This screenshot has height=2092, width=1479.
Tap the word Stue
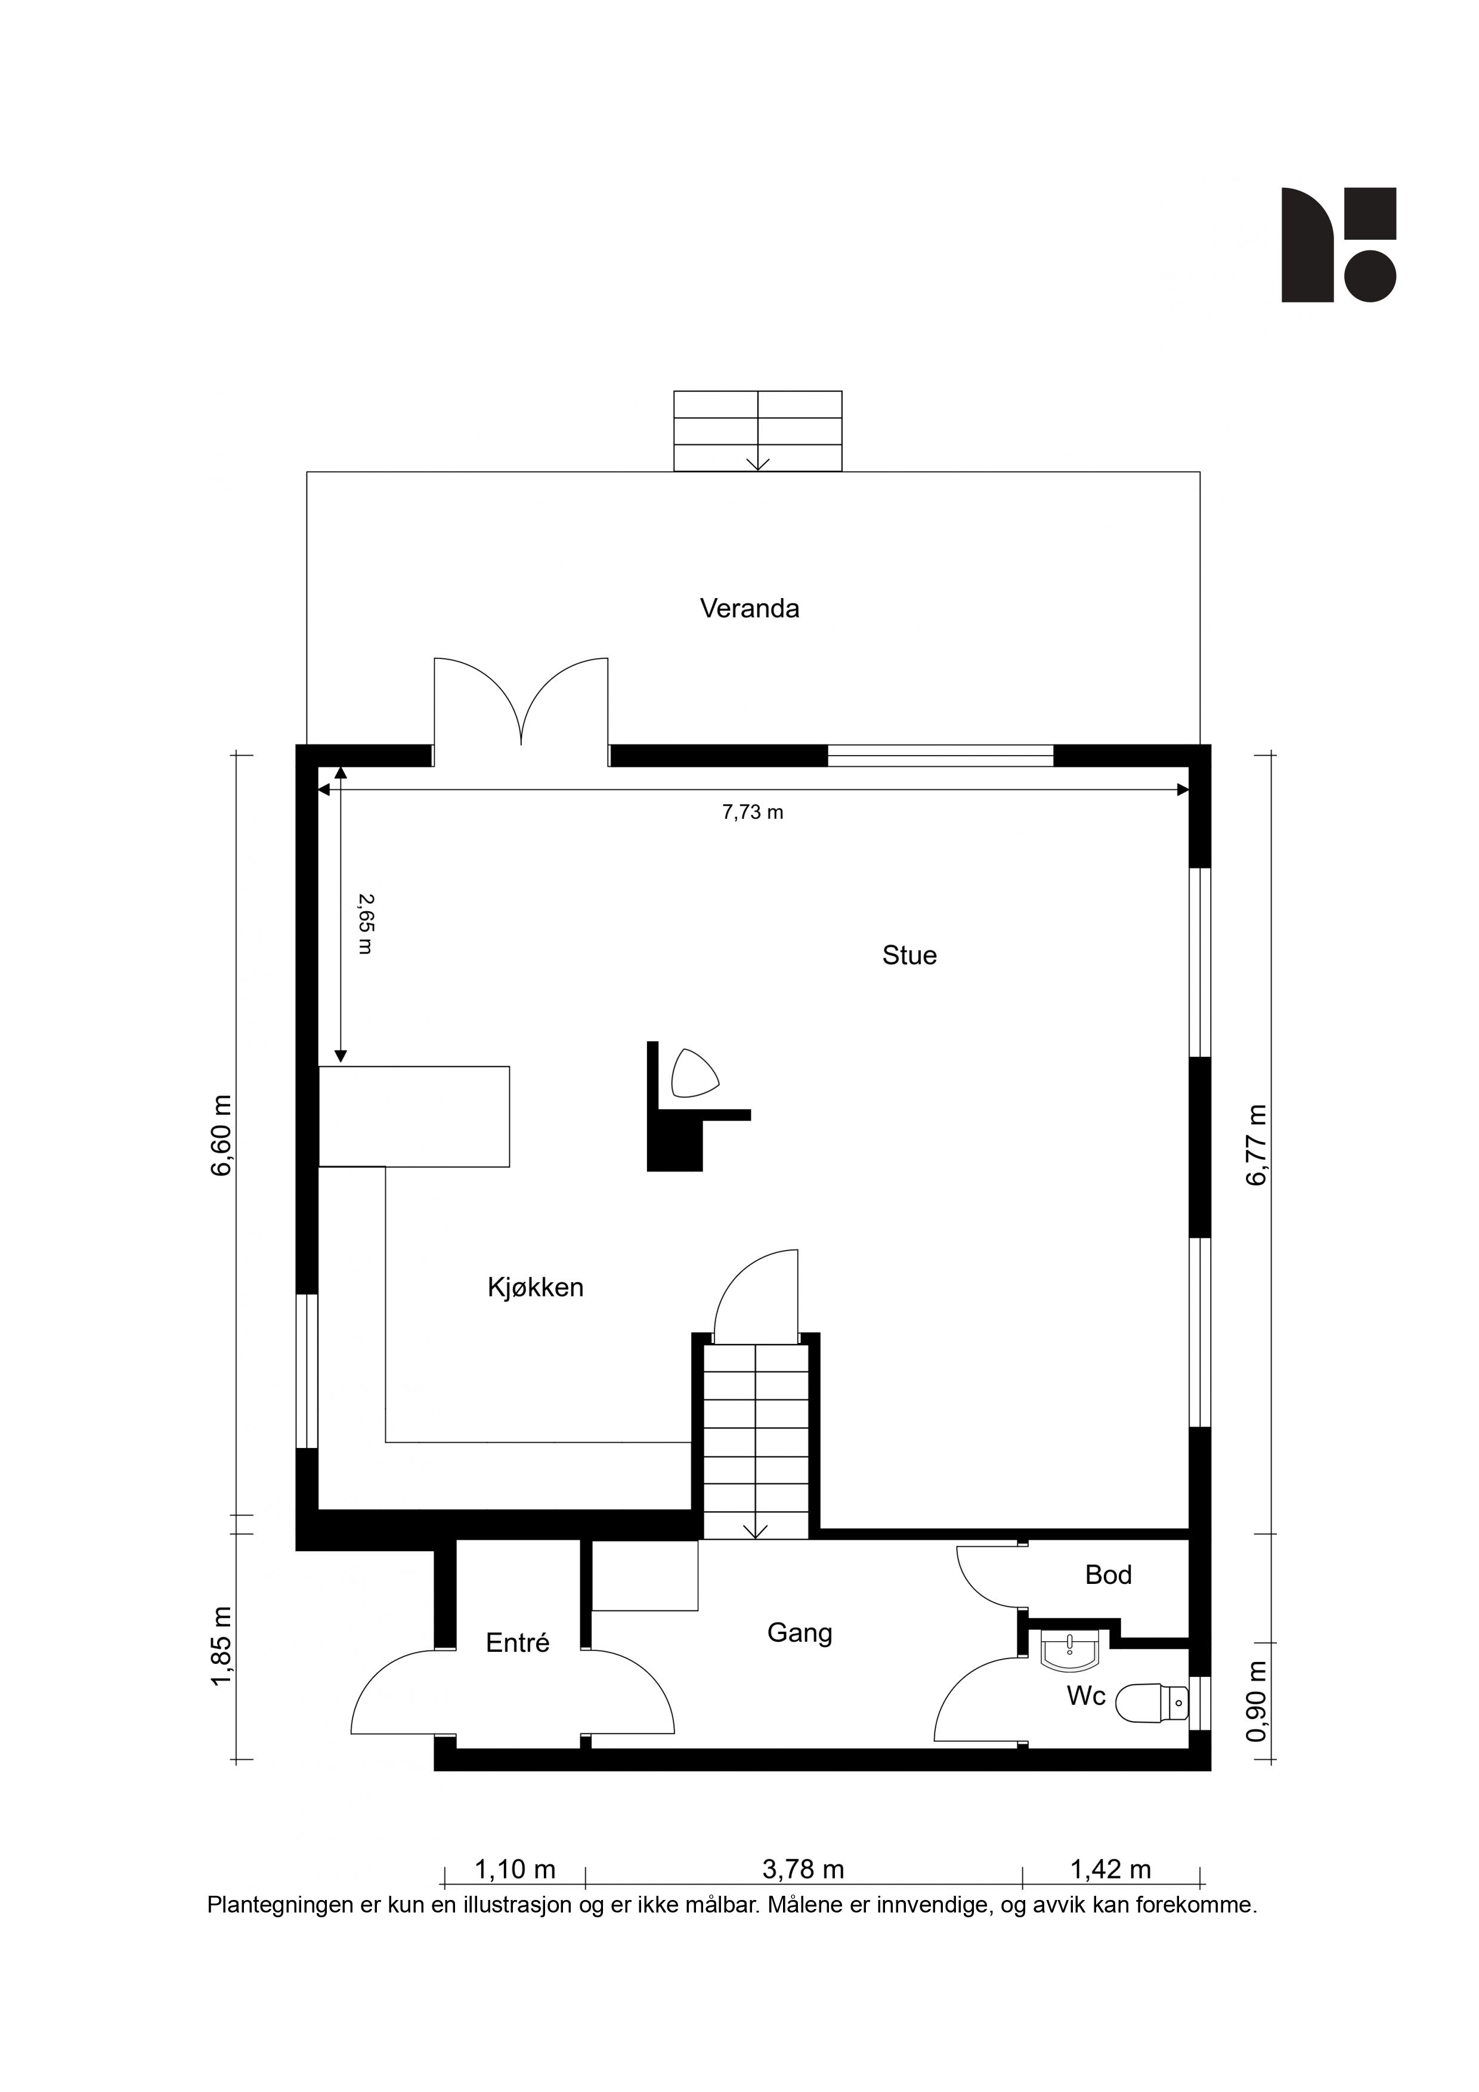(909, 956)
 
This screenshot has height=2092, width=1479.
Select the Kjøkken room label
(536, 1288)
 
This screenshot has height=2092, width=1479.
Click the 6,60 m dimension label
(221, 1135)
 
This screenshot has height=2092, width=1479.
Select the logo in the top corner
(1339, 245)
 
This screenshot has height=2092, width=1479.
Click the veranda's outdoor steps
(757, 431)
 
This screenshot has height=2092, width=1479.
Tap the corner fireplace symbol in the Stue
(694, 1073)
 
